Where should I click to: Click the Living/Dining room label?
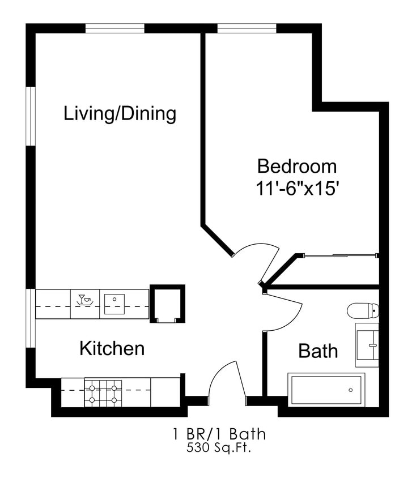coord(120,113)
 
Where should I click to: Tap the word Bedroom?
coord(297,167)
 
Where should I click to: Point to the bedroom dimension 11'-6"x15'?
coord(298,189)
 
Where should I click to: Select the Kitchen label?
coord(112,348)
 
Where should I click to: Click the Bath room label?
coord(318,351)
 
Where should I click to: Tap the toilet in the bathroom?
coord(363,310)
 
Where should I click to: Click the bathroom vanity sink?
coord(367,345)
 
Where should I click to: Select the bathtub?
coord(326,390)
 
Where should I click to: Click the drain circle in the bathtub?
coord(350,390)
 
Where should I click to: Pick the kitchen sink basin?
coord(114,304)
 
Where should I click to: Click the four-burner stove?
coord(103,393)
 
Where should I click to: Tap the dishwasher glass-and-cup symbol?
coord(85,300)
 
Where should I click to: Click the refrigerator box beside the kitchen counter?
coord(167,304)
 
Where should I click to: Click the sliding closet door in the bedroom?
coord(341,255)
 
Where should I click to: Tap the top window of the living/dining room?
coord(114,28)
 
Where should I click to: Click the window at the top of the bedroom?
coord(247,28)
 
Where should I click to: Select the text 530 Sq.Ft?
coord(219,448)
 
